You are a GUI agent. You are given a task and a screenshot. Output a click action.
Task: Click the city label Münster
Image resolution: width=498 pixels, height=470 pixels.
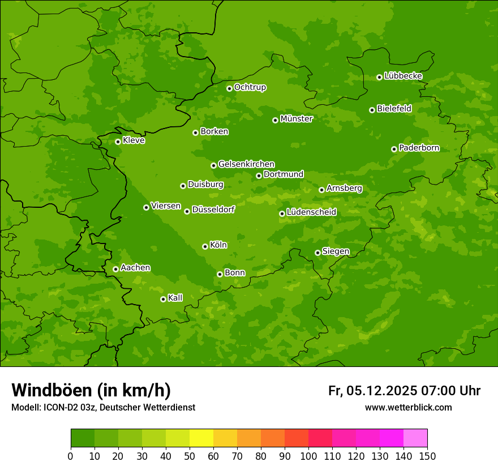(x=296, y=119)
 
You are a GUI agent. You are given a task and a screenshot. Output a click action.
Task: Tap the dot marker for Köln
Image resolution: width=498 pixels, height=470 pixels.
(x=205, y=246)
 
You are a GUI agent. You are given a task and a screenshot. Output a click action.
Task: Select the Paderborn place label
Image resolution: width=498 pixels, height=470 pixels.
(x=419, y=148)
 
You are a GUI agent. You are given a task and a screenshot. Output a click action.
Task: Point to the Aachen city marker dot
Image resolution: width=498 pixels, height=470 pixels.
(x=115, y=269)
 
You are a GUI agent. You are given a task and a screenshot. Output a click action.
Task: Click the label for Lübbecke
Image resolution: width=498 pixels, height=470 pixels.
(x=403, y=76)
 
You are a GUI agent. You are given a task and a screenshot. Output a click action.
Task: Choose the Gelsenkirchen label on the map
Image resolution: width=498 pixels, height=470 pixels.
(x=246, y=164)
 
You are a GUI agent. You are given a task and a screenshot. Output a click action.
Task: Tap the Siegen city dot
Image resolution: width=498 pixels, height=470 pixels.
(x=317, y=253)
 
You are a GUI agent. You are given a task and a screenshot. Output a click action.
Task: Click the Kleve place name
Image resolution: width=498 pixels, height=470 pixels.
(x=134, y=140)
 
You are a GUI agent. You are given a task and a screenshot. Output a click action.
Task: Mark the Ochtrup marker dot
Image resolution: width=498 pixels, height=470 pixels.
(x=229, y=88)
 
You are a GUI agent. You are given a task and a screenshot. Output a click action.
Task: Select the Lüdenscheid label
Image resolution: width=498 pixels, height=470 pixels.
(x=311, y=212)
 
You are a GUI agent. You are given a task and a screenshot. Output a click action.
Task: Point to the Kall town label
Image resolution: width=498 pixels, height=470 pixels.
(x=175, y=298)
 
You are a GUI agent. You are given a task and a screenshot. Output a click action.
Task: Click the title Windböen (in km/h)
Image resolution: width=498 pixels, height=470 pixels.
(x=91, y=390)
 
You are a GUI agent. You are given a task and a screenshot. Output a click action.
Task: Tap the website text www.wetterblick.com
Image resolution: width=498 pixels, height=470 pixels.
(x=408, y=407)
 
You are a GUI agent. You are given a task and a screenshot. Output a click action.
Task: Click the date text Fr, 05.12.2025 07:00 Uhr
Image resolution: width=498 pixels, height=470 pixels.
(x=404, y=391)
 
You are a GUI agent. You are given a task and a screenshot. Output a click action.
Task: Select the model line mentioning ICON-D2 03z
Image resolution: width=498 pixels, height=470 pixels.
(x=103, y=407)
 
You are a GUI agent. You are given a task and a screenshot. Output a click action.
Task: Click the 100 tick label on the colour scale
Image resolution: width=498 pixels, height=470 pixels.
(x=308, y=456)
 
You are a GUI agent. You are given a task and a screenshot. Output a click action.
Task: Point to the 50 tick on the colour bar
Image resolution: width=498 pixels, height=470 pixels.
(x=190, y=456)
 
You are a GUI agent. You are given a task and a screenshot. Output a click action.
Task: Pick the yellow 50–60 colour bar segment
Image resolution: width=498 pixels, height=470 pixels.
(x=201, y=438)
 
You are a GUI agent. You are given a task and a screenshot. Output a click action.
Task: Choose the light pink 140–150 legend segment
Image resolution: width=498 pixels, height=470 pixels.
(x=415, y=438)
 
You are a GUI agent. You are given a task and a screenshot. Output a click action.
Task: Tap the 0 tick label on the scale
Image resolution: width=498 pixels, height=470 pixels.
(x=71, y=456)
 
